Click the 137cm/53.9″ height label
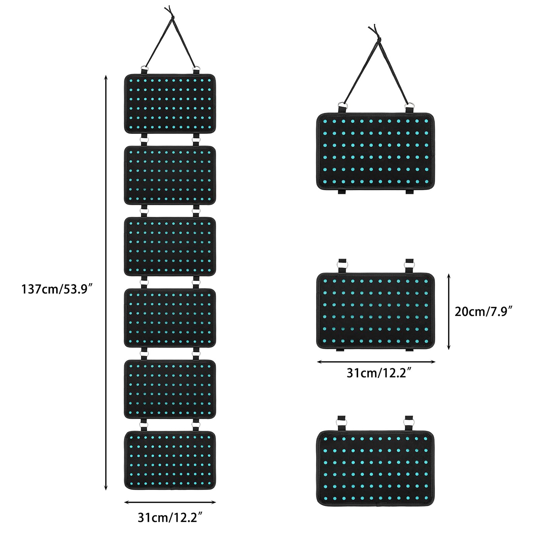[x=57, y=289]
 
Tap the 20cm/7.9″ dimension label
[x=483, y=312]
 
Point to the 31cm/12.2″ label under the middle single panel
[x=378, y=373]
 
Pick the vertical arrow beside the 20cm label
[x=448, y=311]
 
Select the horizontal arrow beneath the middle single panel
[x=376, y=362]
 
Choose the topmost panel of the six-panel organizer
[x=170, y=103]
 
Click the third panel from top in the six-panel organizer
[x=170, y=246]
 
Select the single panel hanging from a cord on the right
[x=376, y=151]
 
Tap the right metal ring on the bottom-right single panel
[x=409, y=422]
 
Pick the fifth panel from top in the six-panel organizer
[x=170, y=389]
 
